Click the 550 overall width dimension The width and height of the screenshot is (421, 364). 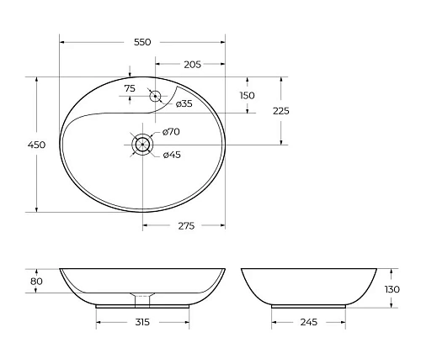point(142,42)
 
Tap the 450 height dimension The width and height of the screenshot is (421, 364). point(36,145)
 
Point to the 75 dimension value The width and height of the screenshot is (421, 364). point(129,88)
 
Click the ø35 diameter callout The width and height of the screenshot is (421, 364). point(184,103)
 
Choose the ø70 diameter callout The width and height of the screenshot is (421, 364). point(172,132)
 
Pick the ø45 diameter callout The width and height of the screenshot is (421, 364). point(172,155)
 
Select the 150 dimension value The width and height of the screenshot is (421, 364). point(247,96)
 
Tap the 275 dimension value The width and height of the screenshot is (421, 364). point(185,226)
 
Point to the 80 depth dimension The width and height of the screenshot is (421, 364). point(35,282)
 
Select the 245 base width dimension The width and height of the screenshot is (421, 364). point(307,322)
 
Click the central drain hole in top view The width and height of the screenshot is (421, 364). point(143,145)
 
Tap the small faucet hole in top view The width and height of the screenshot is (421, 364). point(155,96)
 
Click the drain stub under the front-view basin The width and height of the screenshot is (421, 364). point(142,298)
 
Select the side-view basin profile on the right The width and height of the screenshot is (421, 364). point(308,286)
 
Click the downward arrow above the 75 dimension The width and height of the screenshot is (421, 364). point(129,72)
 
